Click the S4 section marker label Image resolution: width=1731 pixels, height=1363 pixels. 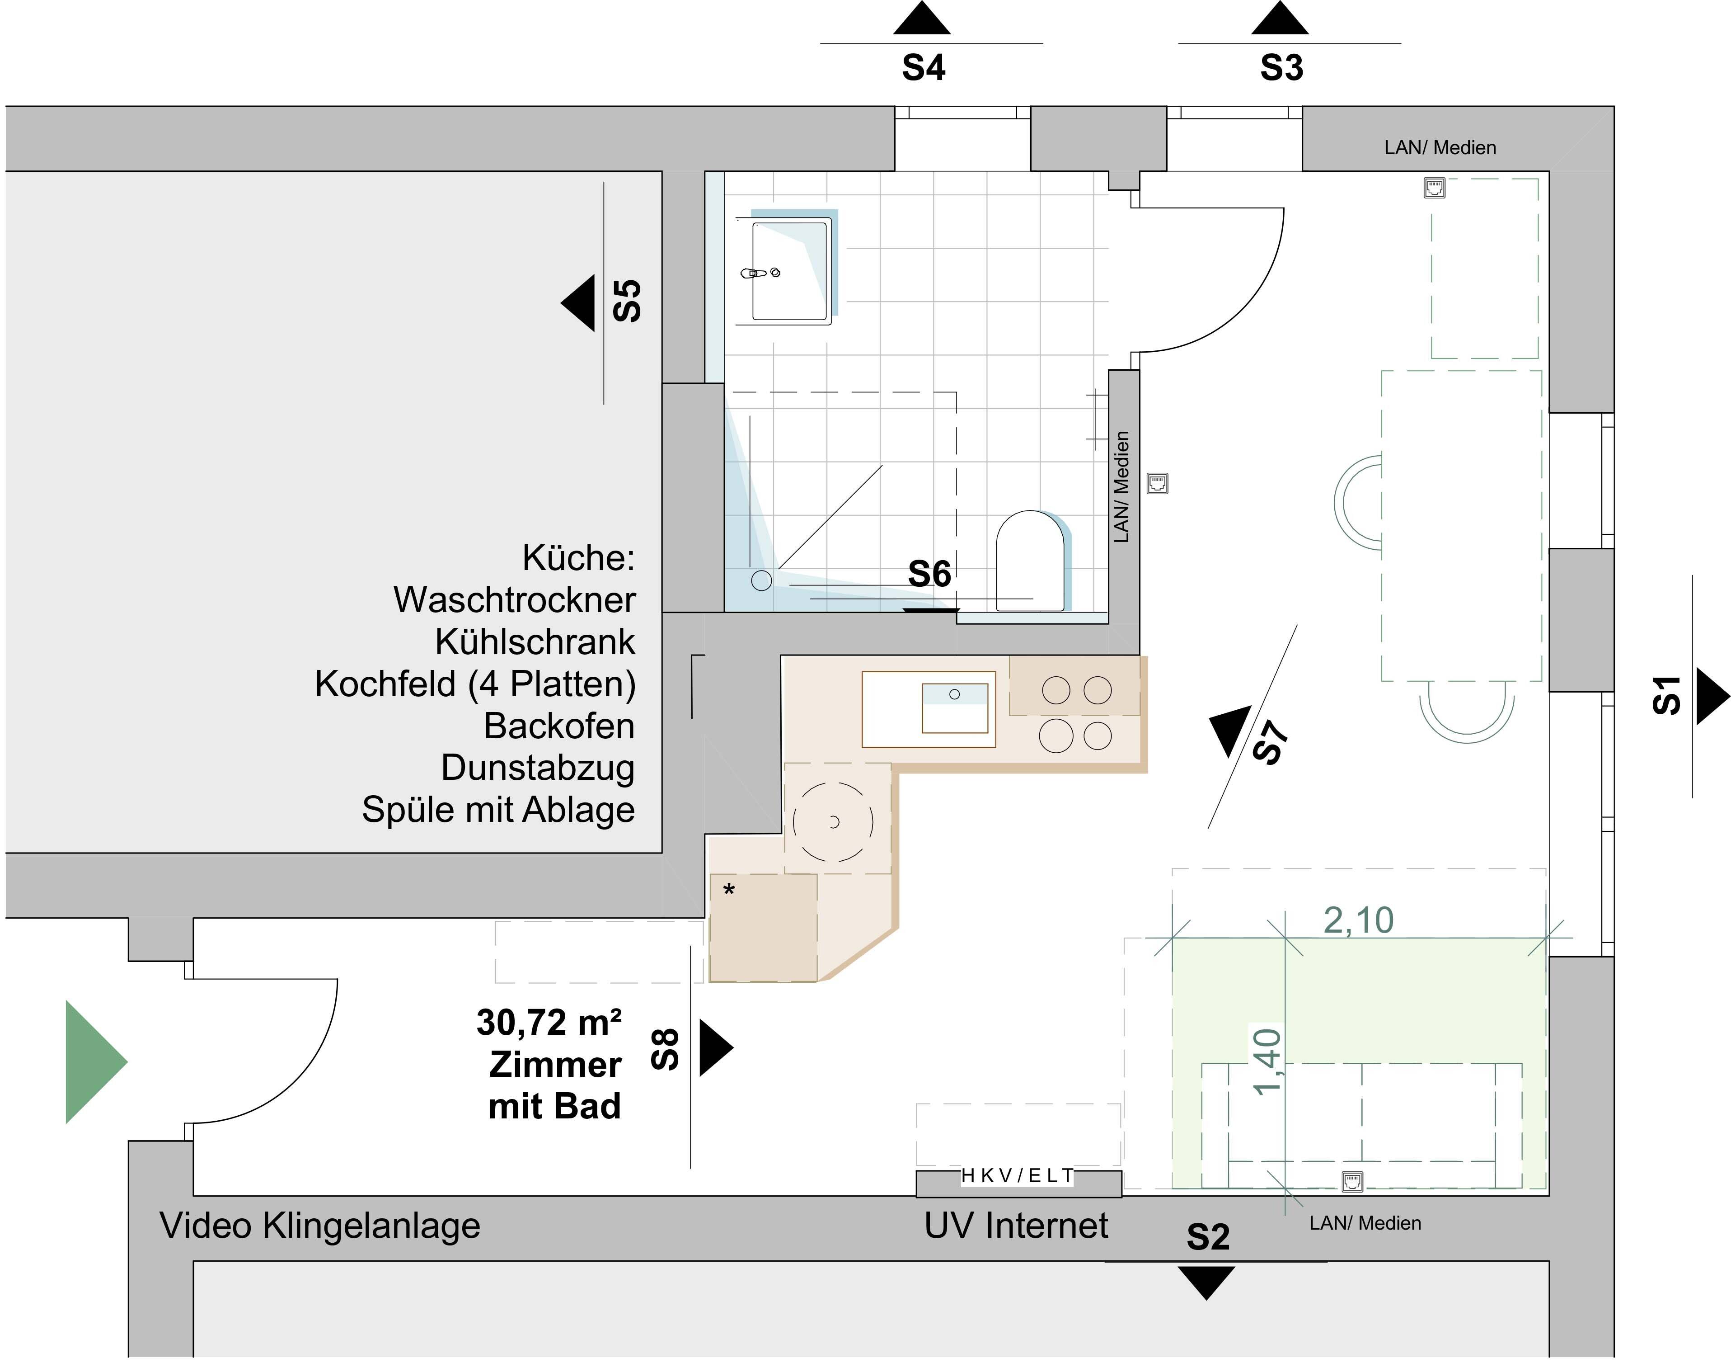click(x=923, y=68)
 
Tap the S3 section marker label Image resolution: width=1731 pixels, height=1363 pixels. click(x=1281, y=68)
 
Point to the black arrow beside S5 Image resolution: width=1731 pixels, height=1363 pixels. click(x=580, y=303)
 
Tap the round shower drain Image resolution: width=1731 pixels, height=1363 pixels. click(x=761, y=580)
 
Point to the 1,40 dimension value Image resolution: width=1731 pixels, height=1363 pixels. click(x=1267, y=1061)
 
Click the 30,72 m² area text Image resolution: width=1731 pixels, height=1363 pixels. click(x=549, y=1022)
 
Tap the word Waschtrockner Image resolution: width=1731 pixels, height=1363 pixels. click(x=515, y=600)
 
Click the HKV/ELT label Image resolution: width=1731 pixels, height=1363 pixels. click(x=1017, y=1175)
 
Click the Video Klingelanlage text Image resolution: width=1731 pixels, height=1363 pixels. click(x=320, y=1226)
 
